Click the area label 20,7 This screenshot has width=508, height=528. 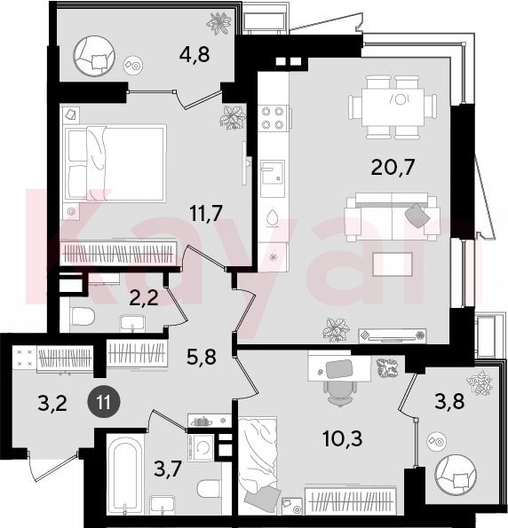click(393, 168)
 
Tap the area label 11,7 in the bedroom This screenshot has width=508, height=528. click(206, 213)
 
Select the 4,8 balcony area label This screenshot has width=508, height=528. click(194, 54)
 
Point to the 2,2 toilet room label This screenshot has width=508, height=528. click(144, 297)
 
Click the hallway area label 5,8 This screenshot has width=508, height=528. click(202, 357)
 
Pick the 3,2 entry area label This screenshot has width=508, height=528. click(52, 403)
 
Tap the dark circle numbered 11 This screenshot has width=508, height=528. click(104, 402)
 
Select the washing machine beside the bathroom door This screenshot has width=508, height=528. click(201, 448)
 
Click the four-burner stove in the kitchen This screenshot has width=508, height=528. click(273, 118)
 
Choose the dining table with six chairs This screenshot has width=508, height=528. click(393, 107)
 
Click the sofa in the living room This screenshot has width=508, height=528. click(393, 217)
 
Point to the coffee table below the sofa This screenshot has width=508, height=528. click(393, 264)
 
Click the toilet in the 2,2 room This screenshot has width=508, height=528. click(83, 317)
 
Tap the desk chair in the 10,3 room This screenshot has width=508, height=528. click(340, 386)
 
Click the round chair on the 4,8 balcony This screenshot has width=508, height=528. click(94, 56)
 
